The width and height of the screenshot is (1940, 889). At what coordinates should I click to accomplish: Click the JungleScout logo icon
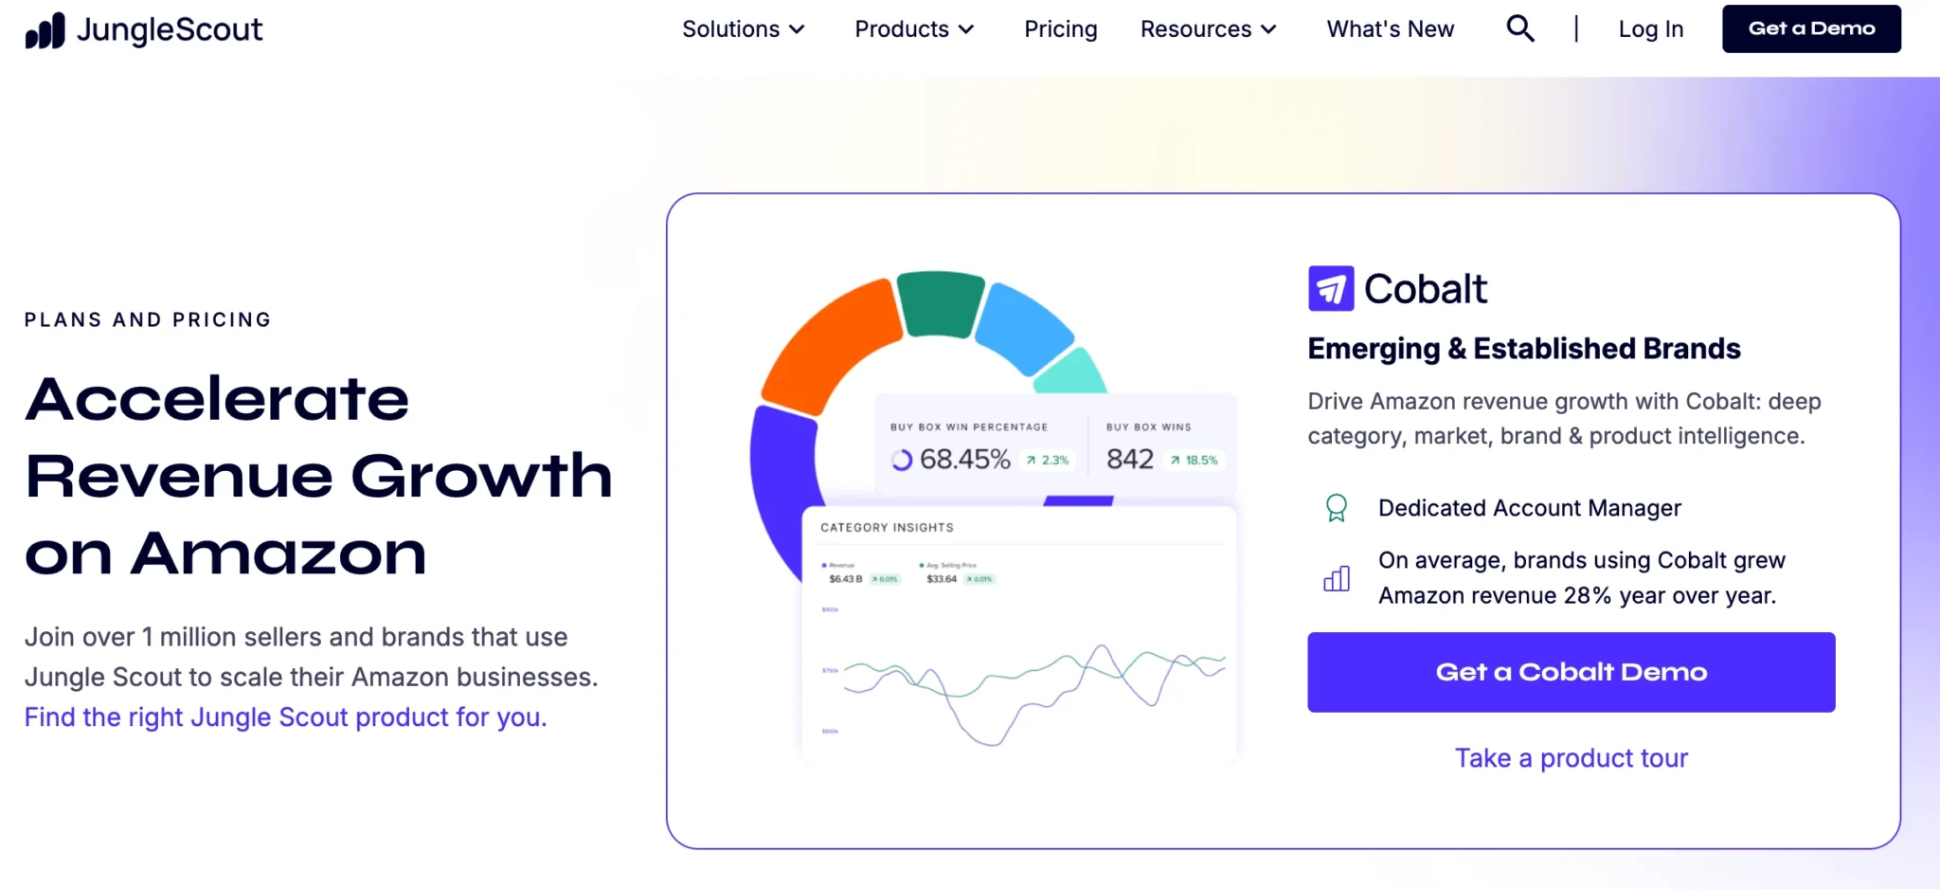(x=45, y=30)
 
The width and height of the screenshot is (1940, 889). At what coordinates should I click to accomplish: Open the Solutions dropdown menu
(x=743, y=29)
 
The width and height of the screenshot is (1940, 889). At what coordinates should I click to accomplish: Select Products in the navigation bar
(x=914, y=29)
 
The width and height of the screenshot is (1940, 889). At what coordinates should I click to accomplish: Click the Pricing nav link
(x=1060, y=29)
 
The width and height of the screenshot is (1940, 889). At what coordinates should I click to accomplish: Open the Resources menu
(x=1208, y=29)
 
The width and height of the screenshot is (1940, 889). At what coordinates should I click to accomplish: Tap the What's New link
(x=1390, y=29)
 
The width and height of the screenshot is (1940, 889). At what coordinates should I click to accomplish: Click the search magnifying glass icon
(x=1519, y=28)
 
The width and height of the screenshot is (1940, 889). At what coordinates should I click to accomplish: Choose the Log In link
(x=1650, y=29)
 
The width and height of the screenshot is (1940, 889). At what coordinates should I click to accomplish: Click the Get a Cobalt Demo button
(x=1571, y=672)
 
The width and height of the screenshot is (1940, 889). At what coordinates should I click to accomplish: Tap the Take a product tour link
(x=1571, y=758)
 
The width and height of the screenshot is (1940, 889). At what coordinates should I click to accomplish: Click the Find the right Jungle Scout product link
(x=285, y=717)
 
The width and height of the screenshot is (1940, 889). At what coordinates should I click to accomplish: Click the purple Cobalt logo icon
(x=1330, y=289)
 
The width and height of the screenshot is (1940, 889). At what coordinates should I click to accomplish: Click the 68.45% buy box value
(x=964, y=460)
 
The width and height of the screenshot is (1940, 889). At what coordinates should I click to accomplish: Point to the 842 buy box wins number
(x=1129, y=460)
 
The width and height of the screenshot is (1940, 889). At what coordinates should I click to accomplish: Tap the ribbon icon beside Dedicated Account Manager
(x=1336, y=508)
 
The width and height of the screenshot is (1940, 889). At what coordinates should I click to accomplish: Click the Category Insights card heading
(x=887, y=528)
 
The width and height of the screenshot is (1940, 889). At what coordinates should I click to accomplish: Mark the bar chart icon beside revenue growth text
(x=1336, y=578)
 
